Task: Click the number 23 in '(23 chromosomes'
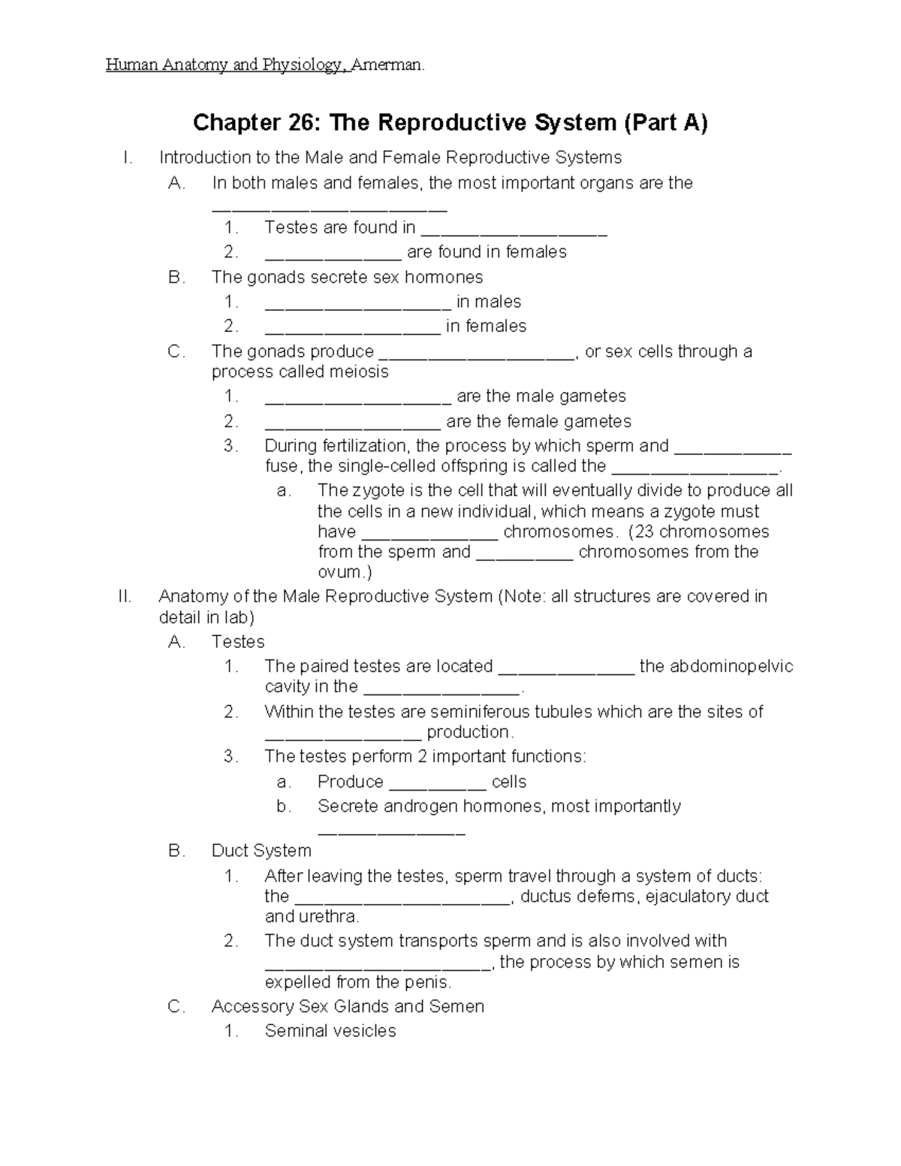(x=643, y=532)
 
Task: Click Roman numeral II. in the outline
(x=125, y=597)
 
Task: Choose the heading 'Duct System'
(x=261, y=851)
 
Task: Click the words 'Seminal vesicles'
(x=330, y=1031)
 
